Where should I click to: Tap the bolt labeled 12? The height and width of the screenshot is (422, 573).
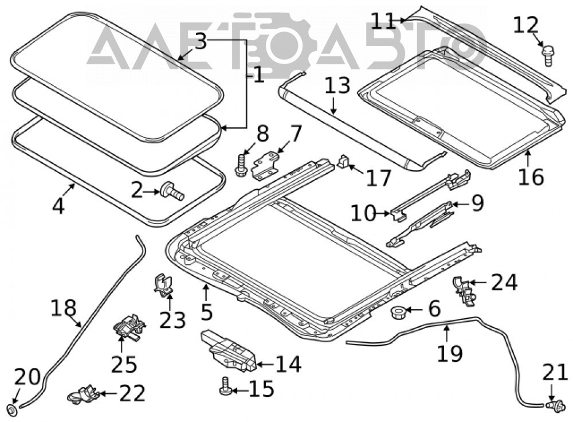(547, 56)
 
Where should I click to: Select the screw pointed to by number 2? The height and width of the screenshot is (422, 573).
(172, 192)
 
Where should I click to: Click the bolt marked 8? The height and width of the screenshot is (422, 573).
(241, 166)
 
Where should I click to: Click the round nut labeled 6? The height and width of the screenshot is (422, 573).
(397, 312)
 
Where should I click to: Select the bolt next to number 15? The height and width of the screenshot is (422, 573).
(225, 387)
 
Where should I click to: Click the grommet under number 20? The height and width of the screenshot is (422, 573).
(12, 409)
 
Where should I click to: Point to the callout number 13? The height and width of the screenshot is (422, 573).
(337, 85)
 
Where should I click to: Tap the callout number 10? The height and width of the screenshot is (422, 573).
(363, 213)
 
